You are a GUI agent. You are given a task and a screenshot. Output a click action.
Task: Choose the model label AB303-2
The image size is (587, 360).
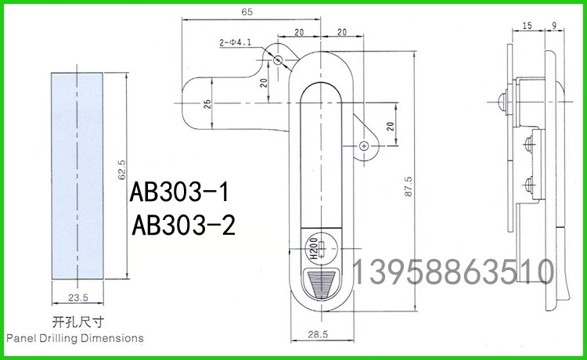pos(184,225)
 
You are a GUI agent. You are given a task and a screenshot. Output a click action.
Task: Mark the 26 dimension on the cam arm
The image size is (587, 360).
pos(207,103)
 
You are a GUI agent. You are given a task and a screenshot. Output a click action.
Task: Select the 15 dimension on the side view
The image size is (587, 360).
pos(526,26)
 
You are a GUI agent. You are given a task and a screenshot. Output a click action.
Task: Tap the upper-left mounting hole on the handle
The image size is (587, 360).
pos(278,59)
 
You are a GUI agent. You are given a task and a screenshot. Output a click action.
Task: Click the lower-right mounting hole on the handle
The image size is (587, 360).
pos(363,146)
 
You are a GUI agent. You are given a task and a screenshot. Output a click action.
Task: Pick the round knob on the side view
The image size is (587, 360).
pos(500,100)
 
